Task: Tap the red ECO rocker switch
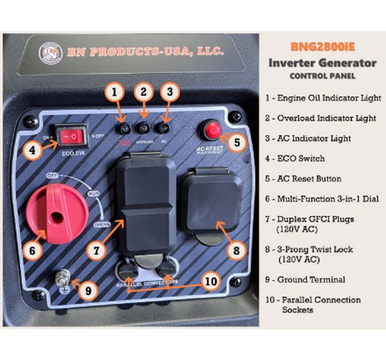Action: click(x=73, y=136)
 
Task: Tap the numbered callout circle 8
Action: click(x=235, y=251)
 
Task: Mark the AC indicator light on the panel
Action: click(x=164, y=128)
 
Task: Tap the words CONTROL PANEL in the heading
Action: click(x=322, y=76)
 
